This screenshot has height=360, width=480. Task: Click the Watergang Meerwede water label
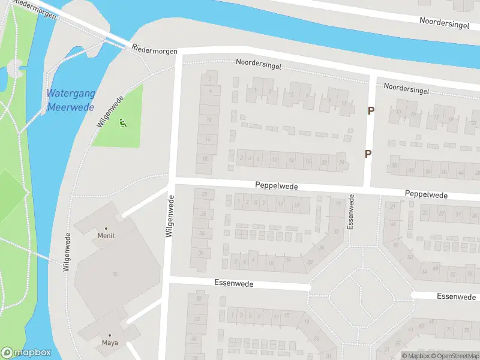[70, 100]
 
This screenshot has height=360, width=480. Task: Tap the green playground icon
[122, 124]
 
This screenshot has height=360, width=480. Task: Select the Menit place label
[106, 236]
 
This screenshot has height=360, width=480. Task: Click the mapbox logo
[26, 353]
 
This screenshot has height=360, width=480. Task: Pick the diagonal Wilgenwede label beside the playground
[110, 110]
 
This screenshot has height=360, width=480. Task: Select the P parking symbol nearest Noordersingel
[371, 110]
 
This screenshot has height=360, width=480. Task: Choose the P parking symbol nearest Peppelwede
[368, 154]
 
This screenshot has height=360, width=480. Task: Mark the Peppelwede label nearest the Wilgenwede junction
[276, 187]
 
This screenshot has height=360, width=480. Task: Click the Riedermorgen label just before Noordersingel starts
[155, 49]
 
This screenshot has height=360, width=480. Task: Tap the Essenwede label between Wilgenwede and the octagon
[234, 283]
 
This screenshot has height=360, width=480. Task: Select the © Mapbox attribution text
[416, 356]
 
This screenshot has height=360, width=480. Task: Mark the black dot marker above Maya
[109, 335]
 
